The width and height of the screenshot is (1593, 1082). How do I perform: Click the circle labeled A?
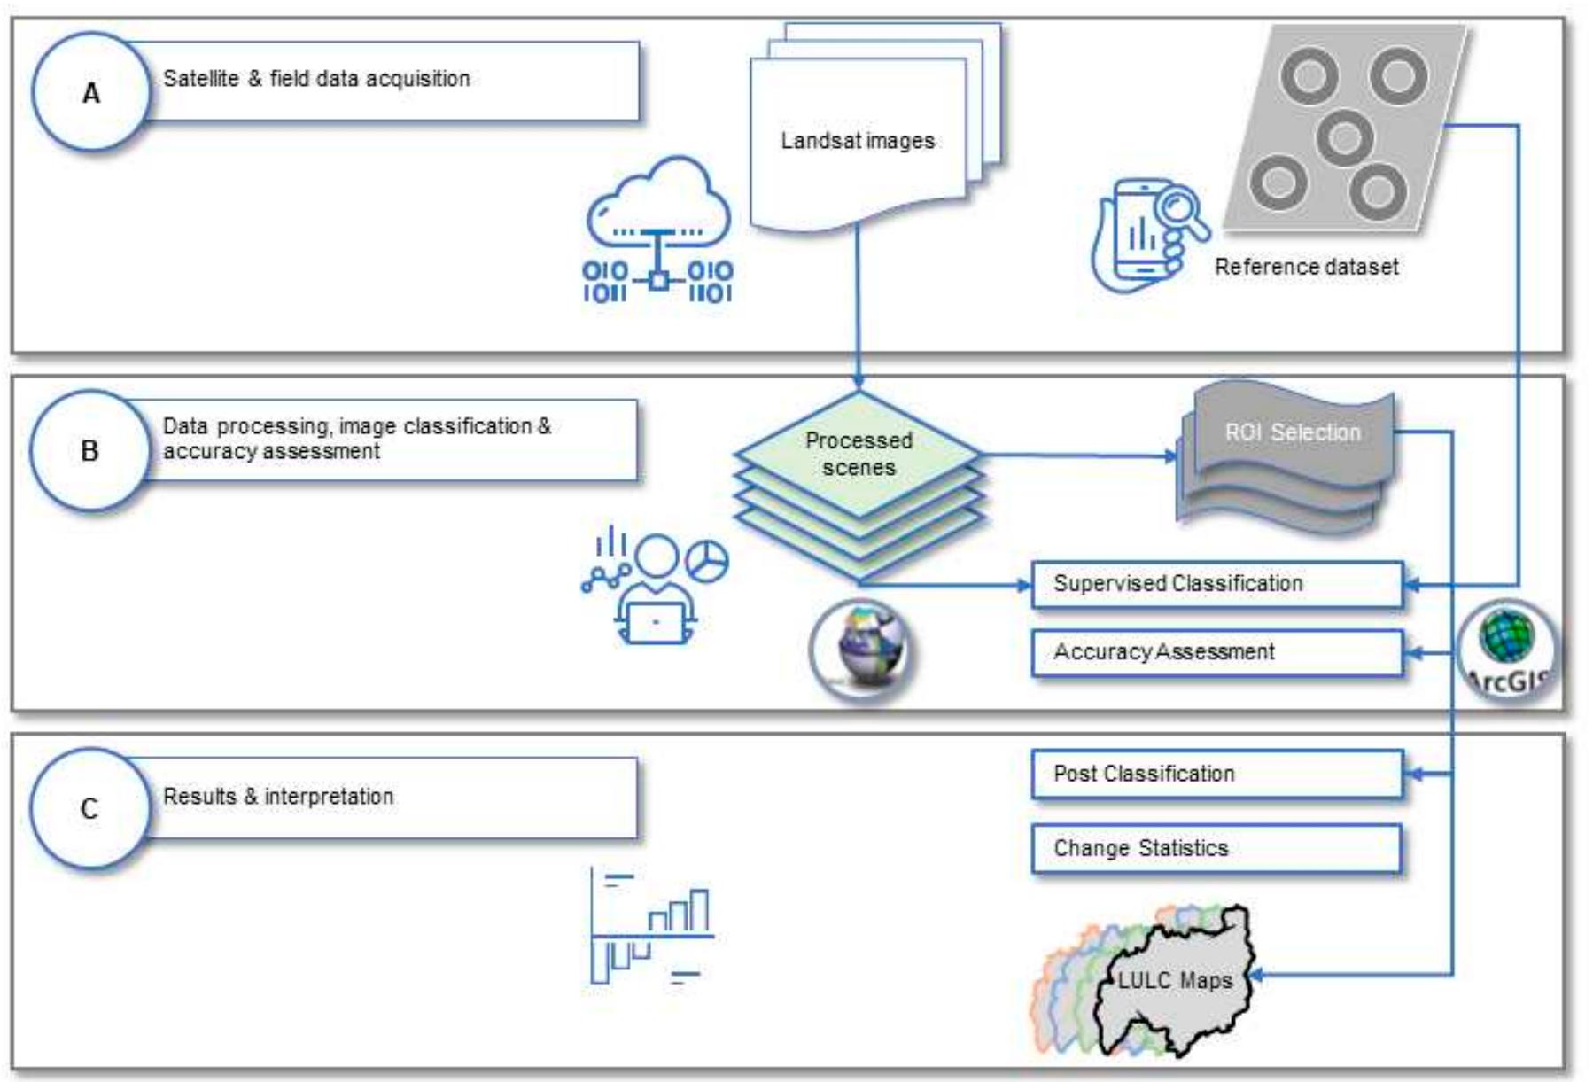coord(90,92)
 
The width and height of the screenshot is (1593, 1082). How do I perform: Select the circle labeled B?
coord(89,450)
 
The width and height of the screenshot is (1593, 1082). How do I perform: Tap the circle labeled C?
coord(89,807)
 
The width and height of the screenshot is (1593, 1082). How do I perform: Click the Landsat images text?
coord(857,141)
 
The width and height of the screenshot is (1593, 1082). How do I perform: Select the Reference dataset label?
coord(1306,267)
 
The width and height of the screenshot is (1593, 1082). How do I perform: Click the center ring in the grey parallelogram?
coord(1344,137)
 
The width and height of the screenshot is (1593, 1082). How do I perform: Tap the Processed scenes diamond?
coord(859,454)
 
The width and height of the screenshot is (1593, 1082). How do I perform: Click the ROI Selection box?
coord(1292,433)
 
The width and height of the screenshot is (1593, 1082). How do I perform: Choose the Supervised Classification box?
coord(1216,584)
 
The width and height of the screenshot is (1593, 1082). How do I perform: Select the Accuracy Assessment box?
coord(1216,652)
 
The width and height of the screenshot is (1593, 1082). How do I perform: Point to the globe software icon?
coord(861,650)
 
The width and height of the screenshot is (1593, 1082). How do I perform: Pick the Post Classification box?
coord(1216,774)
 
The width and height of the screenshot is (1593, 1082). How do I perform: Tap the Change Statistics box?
coord(1216,848)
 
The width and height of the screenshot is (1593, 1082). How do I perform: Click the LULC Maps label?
coord(1174,980)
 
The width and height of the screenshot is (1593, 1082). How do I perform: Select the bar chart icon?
coord(652,926)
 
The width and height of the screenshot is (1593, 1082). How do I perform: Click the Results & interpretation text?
coord(278,797)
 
